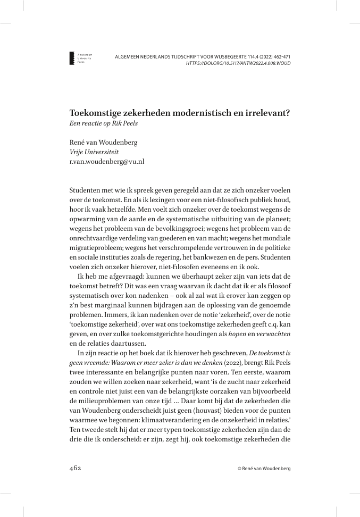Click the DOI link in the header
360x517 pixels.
(x=238, y=63)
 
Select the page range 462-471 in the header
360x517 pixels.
(x=280, y=56)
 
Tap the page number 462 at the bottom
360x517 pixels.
(x=75, y=468)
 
